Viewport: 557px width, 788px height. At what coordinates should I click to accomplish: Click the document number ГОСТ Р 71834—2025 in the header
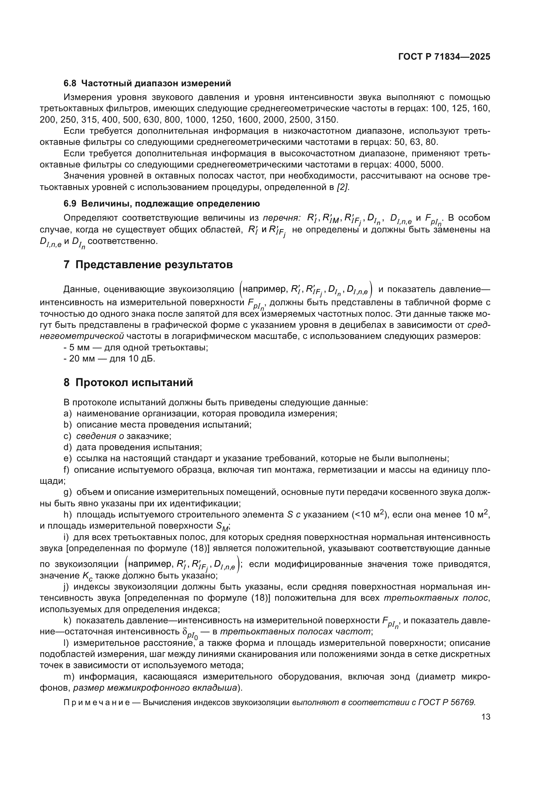444,57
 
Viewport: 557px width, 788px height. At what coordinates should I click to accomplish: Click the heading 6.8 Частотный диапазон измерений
147,84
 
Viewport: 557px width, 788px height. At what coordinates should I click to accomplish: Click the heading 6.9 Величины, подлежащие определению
162,203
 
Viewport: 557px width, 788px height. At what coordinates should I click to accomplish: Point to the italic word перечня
281,218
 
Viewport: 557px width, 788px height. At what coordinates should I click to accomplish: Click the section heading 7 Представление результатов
148,265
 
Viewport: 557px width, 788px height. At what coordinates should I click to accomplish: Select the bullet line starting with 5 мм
136,347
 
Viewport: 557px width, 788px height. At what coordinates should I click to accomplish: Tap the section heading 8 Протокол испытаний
128,382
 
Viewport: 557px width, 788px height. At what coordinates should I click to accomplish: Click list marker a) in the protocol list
68,414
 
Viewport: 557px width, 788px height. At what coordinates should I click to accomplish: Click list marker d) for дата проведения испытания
68,447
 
